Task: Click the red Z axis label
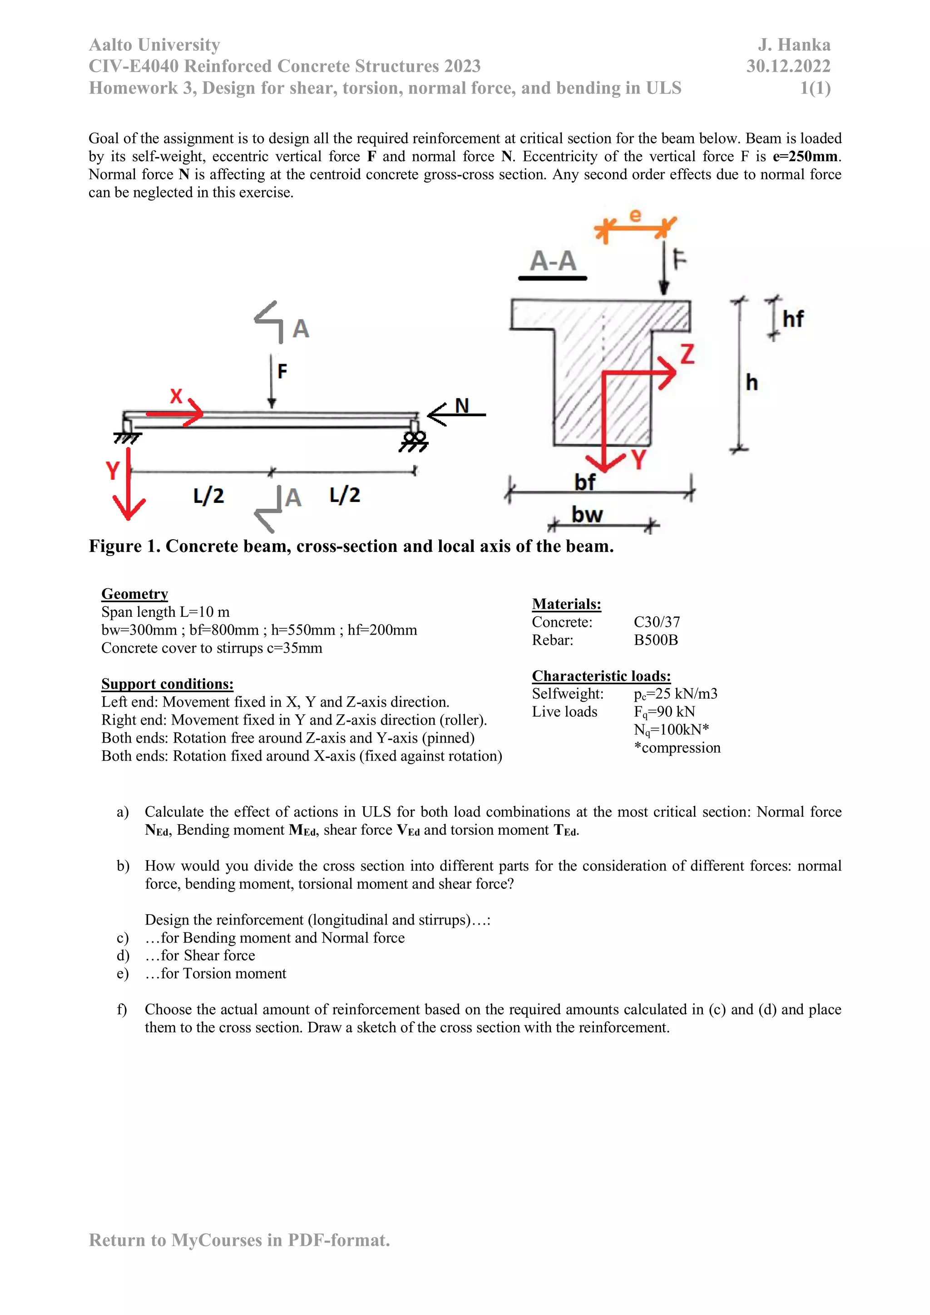pos(687,354)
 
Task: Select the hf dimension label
pos(793,319)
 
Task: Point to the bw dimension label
pos(587,514)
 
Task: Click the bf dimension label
pos(584,482)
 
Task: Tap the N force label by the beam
pos(462,405)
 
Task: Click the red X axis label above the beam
pos(176,396)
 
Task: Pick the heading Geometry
pos(135,594)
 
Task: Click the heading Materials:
pos(566,604)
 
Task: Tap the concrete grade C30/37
pos(657,622)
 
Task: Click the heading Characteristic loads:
pos(601,676)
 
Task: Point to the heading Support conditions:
pos(167,684)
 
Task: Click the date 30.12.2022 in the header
pos(788,66)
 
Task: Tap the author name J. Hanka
pos(794,44)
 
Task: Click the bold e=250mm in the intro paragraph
pos(805,156)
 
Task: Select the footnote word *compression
pos(678,748)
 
